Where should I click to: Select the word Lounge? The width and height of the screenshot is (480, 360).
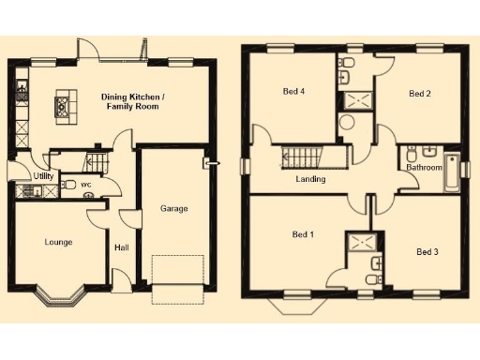pos(58,242)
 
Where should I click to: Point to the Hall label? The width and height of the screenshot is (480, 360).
pos(121,248)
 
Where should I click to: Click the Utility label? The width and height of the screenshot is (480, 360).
pos(43,175)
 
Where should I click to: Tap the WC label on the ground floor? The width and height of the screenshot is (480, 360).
pos(85,185)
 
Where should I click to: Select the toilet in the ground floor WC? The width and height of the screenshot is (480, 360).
pos(70,185)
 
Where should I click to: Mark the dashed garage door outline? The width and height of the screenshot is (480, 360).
pos(179,278)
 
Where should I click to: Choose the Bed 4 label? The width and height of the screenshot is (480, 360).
pos(293,91)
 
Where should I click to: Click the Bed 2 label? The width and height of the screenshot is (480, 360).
pos(419,94)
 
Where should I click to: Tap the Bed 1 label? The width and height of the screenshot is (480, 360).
pos(303,233)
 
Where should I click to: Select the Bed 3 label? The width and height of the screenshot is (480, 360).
pos(427,251)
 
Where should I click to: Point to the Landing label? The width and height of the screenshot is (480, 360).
pos(310,179)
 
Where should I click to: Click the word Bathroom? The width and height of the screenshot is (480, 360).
pos(424,168)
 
